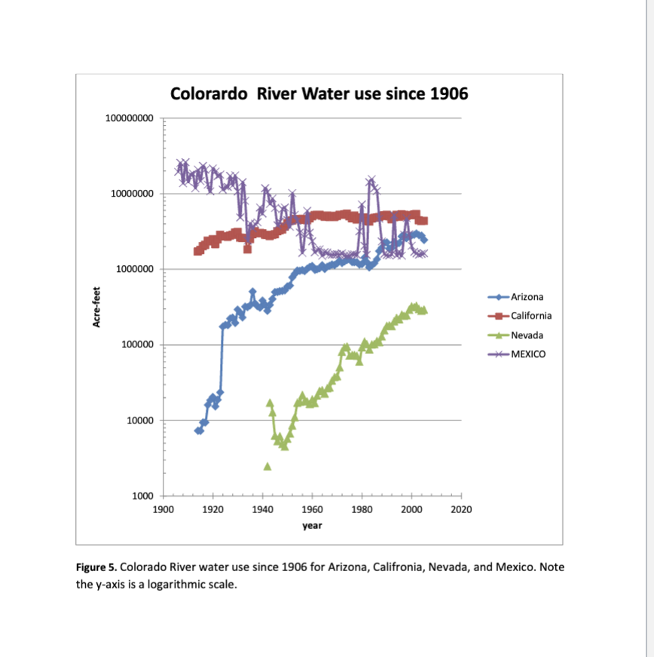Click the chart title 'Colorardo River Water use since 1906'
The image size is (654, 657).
(319, 94)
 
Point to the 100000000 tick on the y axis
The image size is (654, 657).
(130, 118)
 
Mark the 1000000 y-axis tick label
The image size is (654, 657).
(134, 269)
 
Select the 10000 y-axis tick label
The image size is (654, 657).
(139, 420)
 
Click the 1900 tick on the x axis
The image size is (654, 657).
(163, 510)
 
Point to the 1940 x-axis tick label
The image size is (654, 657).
(262, 510)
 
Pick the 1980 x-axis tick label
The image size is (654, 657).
(362, 510)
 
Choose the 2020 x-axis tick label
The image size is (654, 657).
(461, 510)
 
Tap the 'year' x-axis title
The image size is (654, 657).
(312, 525)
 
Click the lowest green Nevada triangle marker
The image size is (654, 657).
(267, 466)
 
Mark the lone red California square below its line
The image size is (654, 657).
(247, 249)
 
